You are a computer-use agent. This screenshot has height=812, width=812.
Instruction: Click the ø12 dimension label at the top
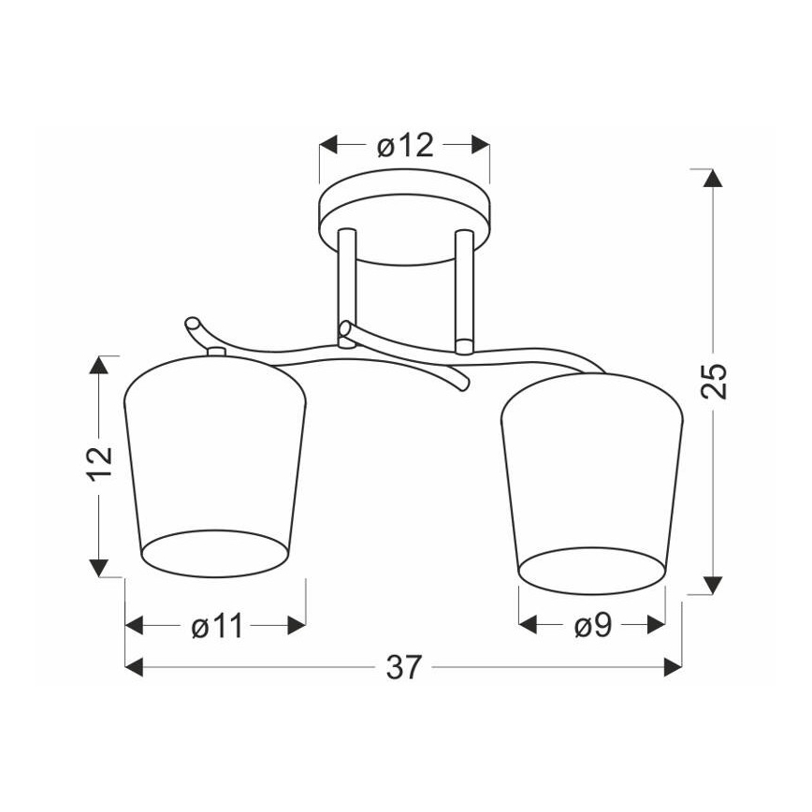405,146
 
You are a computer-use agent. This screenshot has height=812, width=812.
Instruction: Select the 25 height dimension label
714,381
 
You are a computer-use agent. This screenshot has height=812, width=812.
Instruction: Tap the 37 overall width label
404,667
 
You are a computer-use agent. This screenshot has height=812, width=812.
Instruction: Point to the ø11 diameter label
217,626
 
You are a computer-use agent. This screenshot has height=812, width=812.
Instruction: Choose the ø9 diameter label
593,626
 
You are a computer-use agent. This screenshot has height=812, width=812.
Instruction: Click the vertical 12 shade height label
100,464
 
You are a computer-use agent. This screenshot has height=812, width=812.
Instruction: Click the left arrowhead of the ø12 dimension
328,146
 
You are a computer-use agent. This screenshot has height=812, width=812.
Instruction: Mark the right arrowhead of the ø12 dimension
481,146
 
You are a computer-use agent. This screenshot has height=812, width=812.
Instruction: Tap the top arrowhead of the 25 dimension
714,178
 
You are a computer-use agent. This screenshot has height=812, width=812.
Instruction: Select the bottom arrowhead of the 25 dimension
714,586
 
